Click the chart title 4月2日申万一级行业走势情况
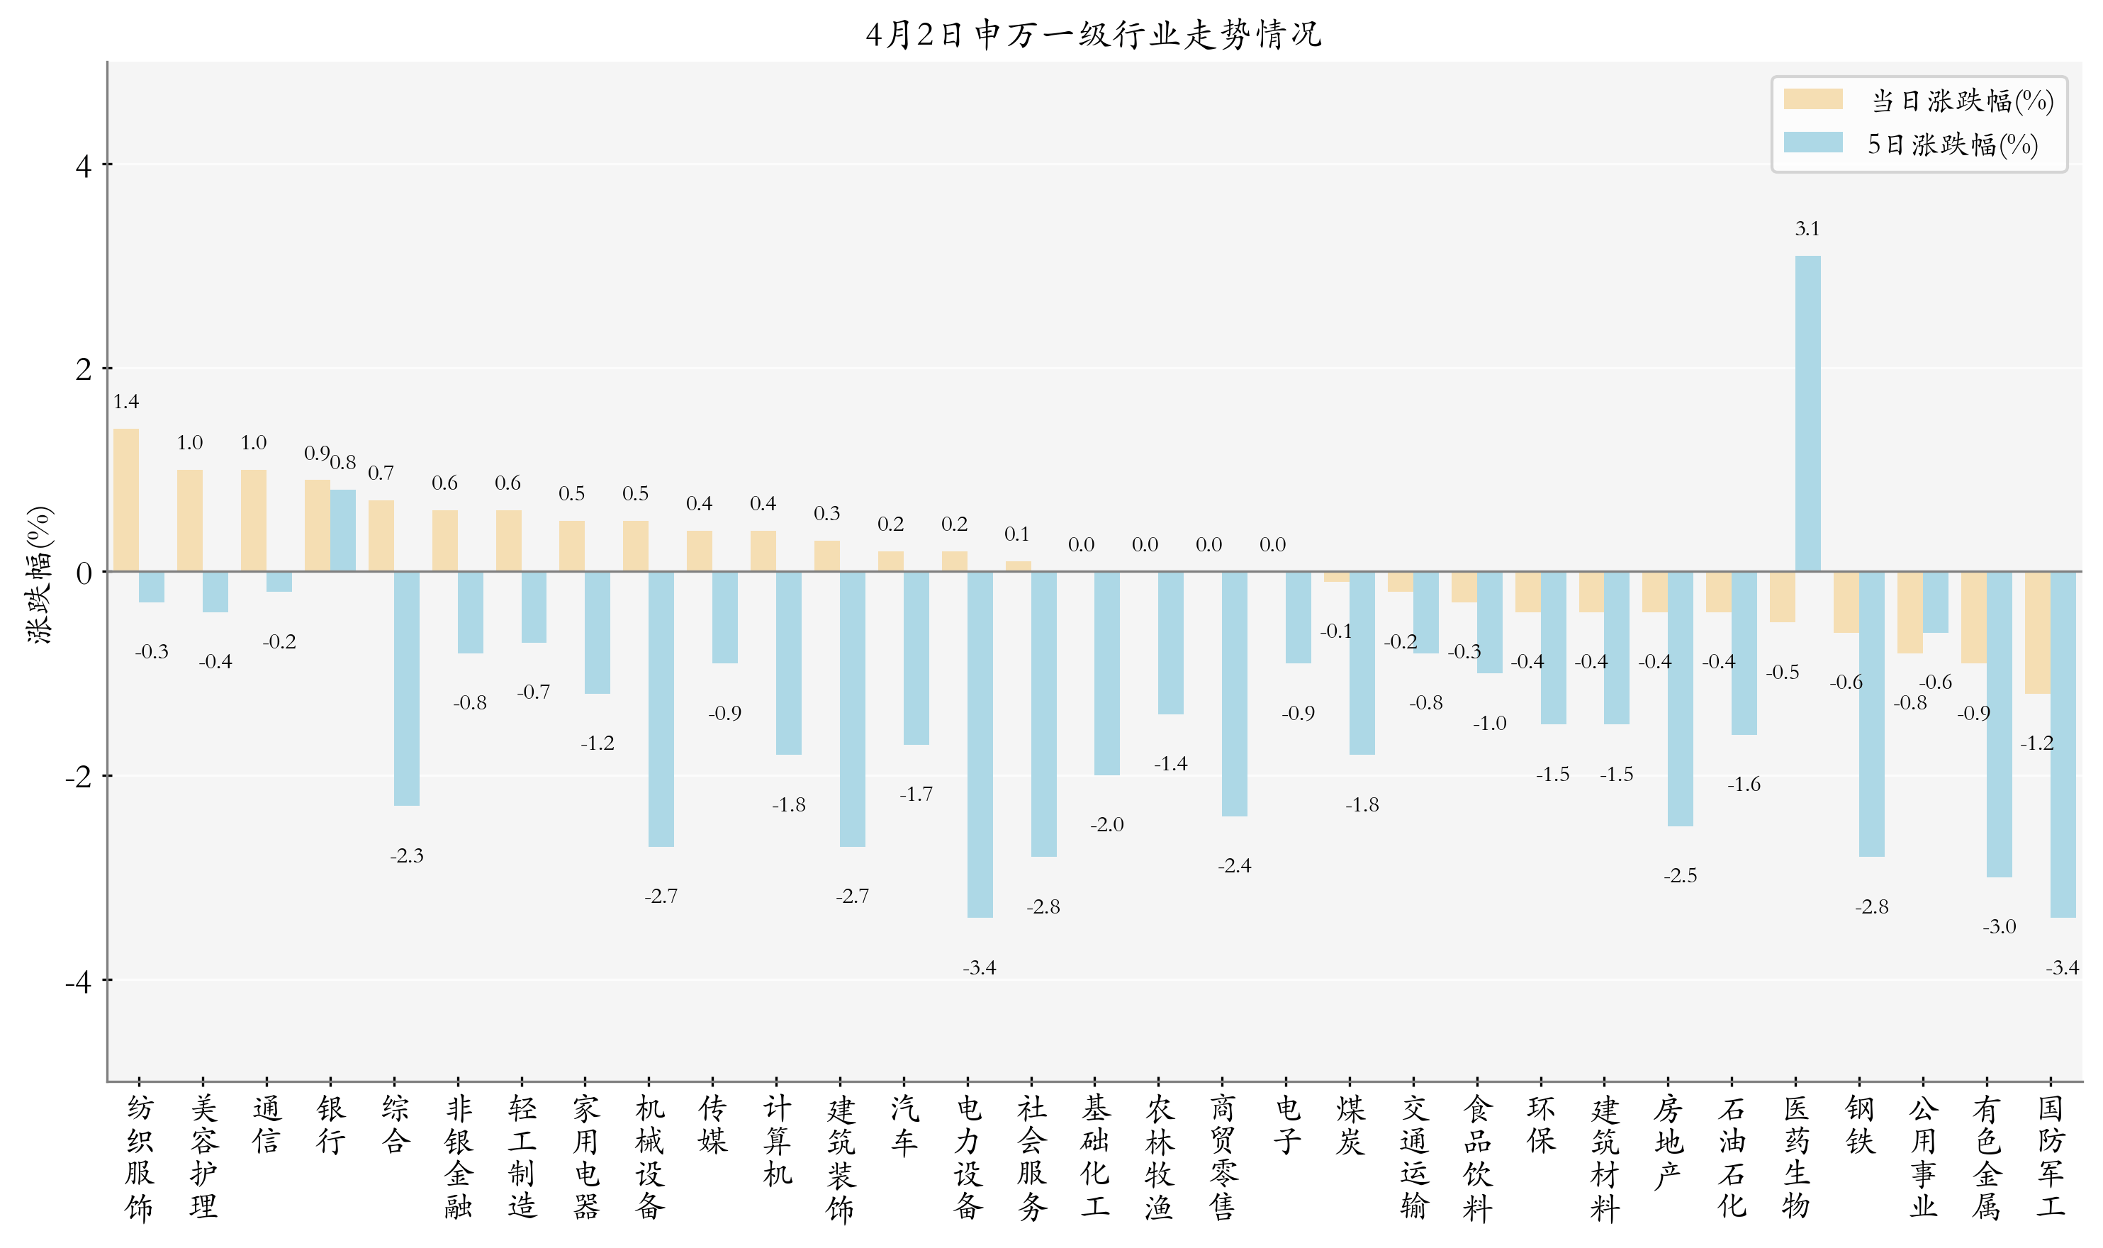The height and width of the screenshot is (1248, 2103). click(x=1093, y=35)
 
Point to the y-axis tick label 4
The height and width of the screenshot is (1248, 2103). click(x=83, y=166)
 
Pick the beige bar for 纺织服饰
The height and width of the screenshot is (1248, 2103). click(x=126, y=500)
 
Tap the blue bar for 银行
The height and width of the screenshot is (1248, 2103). click(x=342, y=531)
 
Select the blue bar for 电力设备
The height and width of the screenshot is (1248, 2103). click(x=980, y=744)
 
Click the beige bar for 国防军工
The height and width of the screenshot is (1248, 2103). click(x=2036, y=632)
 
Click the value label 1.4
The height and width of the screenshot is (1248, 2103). click(x=126, y=402)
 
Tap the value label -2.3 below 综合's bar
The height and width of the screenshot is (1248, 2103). click(x=406, y=856)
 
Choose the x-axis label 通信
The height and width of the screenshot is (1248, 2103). click(x=267, y=1125)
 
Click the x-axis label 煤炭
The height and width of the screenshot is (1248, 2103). click(x=1350, y=1125)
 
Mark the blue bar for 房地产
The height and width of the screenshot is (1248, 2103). click(x=1680, y=699)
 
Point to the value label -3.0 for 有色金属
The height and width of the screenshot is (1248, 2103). click(x=1999, y=927)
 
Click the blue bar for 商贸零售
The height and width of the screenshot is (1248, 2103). click(x=1235, y=694)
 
